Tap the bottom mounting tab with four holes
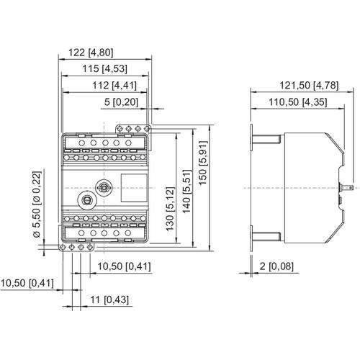point(75,247)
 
